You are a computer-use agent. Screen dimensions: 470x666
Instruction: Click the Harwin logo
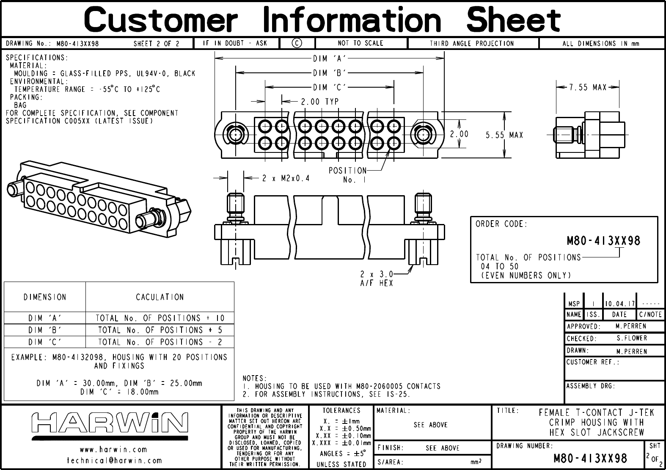coord(110,423)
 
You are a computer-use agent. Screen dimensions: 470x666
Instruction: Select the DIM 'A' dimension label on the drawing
coord(330,59)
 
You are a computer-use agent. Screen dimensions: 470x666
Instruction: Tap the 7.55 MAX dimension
coord(588,87)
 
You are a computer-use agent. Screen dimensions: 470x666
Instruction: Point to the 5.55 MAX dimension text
coord(504,135)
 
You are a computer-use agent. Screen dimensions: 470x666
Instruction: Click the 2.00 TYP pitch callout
coord(319,102)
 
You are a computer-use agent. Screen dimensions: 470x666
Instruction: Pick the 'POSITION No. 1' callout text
coord(348,175)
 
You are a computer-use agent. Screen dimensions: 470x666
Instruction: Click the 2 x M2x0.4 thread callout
coord(286,178)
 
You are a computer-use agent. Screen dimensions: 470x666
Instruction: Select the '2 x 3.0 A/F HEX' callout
coord(377,278)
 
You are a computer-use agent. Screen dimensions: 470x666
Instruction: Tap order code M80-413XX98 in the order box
coord(603,241)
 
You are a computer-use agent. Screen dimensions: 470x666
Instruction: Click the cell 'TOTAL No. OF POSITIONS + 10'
coord(160,318)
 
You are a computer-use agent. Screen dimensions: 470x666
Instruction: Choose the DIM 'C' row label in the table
coord(45,342)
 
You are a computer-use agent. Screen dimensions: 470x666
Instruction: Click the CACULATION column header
coord(160,297)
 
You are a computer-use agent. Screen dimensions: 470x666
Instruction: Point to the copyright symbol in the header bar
coord(297,43)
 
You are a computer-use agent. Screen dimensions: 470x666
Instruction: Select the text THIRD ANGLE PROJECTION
coord(472,43)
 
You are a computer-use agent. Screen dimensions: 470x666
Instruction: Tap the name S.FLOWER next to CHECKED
coord(632,338)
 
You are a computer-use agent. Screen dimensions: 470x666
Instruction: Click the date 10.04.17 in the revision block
coord(619,304)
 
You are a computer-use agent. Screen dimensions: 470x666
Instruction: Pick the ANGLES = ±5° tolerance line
coord(341,453)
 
